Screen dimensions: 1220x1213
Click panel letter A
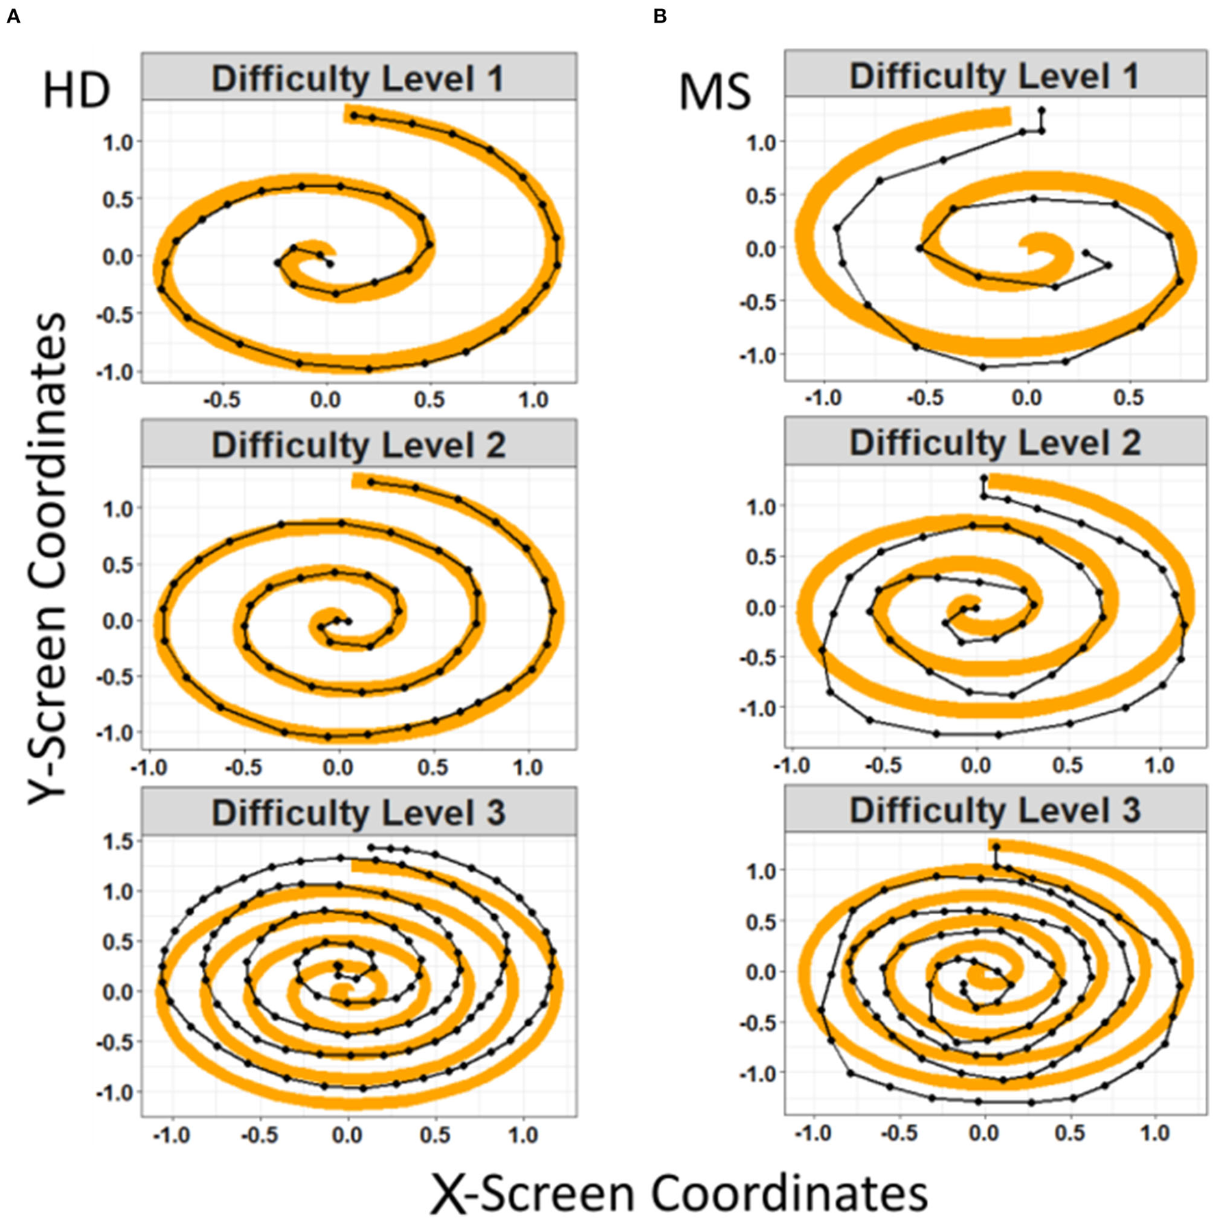12,16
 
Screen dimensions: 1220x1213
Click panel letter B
659,16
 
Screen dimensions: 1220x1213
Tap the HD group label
76,91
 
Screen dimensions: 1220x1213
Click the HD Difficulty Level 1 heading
358,78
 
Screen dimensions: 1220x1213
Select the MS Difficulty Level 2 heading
995,443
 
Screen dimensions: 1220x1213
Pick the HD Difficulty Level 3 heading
358,812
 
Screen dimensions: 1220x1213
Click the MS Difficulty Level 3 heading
995,809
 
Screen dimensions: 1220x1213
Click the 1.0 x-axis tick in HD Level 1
533,400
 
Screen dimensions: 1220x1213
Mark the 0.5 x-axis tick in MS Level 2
1067,764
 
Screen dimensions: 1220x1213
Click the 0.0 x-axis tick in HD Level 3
347,1135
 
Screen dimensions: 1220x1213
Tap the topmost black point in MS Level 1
1041,109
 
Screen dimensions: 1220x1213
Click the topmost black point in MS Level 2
984,478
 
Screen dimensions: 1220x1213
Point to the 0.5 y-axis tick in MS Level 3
761,922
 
